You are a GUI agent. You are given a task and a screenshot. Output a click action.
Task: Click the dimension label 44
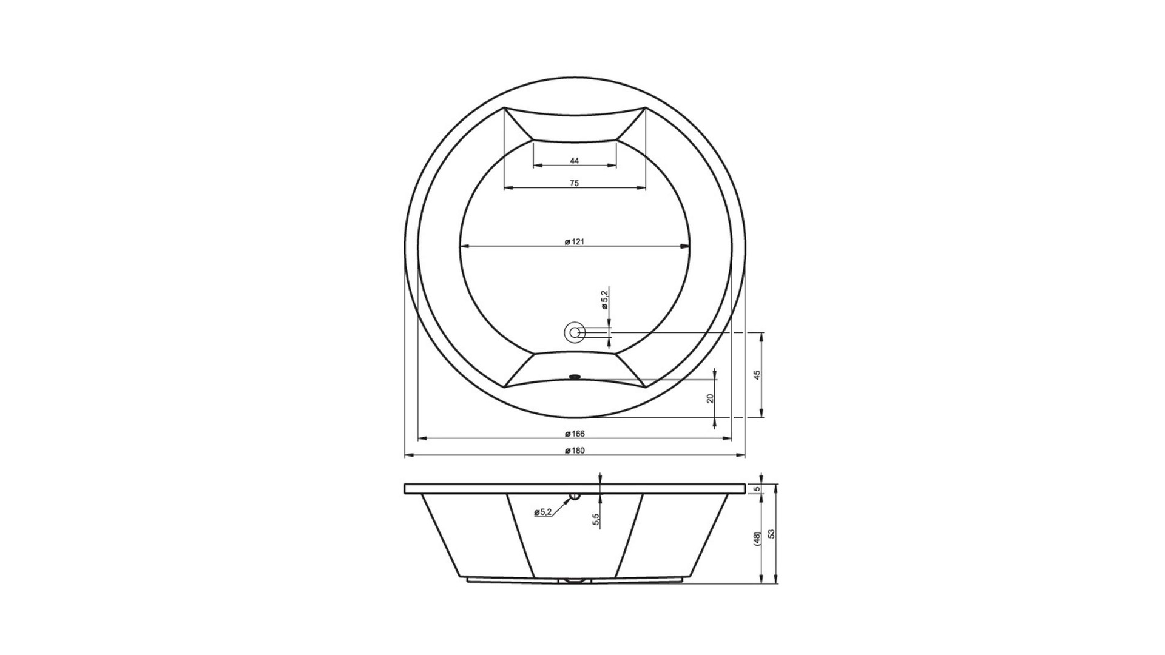click(x=575, y=161)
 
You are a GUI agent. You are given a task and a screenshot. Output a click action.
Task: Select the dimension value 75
click(x=575, y=183)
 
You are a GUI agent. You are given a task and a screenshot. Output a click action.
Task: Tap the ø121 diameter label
click(x=574, y=242)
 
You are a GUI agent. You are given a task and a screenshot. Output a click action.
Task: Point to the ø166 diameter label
click(x=574, y=434)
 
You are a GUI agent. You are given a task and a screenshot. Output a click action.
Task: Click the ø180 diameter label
click(x=574, y=451)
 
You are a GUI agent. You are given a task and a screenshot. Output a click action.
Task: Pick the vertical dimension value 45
click(x=757, y=375)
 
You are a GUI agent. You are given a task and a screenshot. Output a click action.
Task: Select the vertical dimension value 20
click(x=711, y=398)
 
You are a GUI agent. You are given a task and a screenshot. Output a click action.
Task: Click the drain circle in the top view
click(x=574, y=332)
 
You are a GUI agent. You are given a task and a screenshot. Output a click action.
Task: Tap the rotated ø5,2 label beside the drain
click(x=604, y=300)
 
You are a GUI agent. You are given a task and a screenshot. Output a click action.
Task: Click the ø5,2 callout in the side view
click(x=542, y=512)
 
